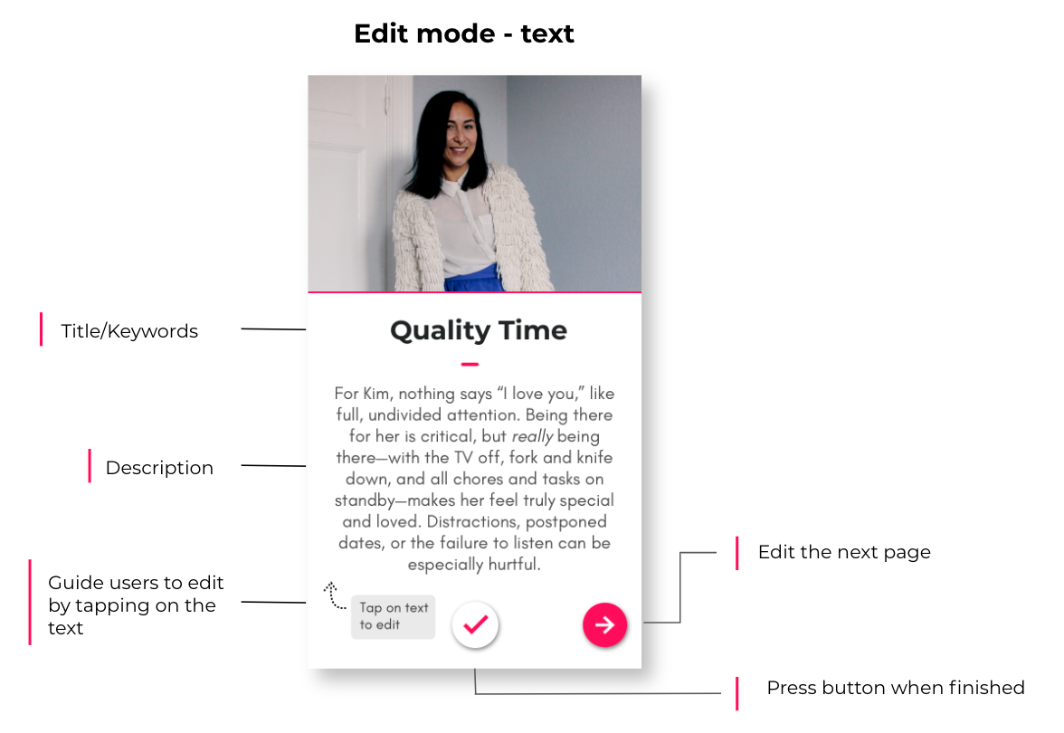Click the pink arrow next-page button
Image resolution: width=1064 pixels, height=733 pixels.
pos(604,624)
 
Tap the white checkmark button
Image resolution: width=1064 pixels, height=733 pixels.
pos(475,624)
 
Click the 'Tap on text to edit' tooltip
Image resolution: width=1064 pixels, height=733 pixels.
pos(393,616)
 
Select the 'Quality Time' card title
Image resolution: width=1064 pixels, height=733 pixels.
pos(479,330)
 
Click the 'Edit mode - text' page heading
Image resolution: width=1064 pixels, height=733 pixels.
pos(464,33)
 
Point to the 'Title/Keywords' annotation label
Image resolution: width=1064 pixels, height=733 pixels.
pos(129,331)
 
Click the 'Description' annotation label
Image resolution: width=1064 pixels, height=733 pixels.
pos(159,468)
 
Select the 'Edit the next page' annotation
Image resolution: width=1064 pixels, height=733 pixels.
pos(844,552)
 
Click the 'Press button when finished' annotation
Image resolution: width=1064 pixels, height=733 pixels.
pos(896,688)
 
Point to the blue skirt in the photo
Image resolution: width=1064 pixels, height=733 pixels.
pos(474,279)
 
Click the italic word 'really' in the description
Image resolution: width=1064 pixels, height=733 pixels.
pos(532,436)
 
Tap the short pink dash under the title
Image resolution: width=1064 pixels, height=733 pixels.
pos(470,365)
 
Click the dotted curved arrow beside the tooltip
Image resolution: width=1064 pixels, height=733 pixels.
pos(334,596)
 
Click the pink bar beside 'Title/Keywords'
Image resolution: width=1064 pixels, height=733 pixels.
pos(42,329)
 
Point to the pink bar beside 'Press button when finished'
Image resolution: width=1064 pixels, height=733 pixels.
pos(736,693)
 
